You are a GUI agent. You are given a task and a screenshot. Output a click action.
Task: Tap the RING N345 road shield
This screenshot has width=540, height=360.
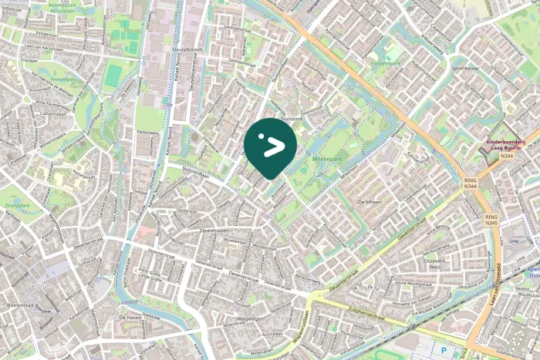click(491, 220)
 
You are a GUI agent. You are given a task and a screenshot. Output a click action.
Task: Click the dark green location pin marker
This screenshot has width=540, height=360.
click(270, 146)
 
